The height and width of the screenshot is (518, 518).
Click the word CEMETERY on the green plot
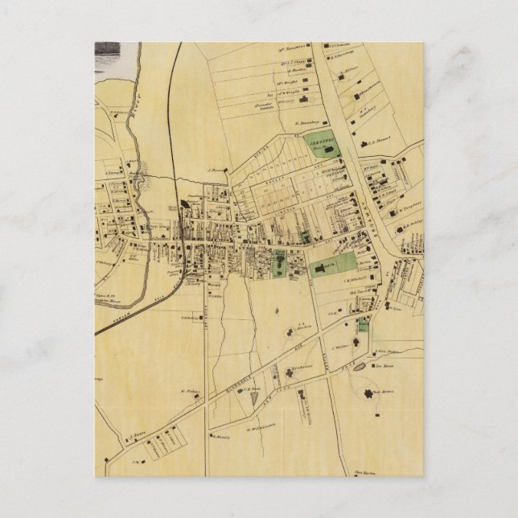pyautogui.click(x=319, y=138)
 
